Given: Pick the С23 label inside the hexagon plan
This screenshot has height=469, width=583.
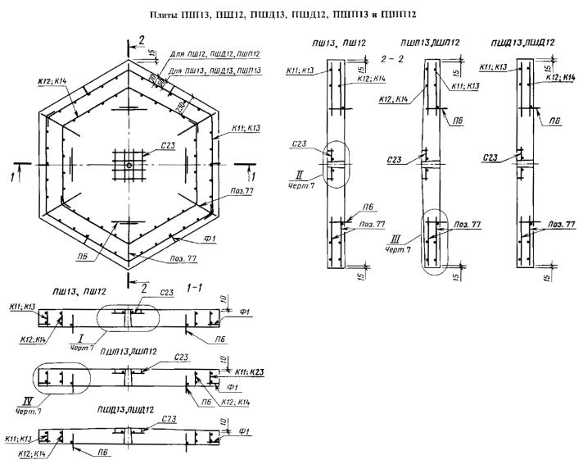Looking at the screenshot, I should click(169, 145).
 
